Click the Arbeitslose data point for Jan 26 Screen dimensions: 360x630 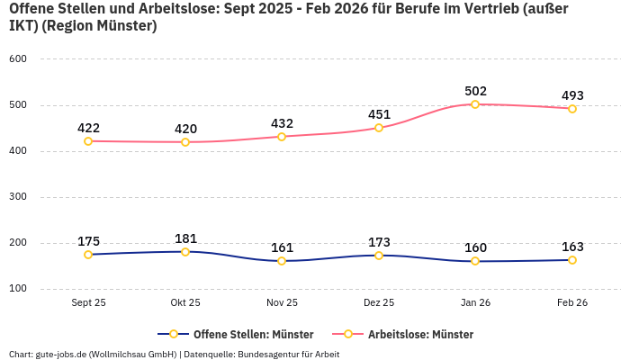475,104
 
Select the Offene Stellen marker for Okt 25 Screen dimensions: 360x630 185,252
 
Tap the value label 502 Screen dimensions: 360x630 475,91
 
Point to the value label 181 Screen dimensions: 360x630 185,238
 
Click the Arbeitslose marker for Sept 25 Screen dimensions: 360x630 88,141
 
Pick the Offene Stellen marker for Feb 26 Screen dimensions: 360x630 572,260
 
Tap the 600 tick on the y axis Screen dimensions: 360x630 18,59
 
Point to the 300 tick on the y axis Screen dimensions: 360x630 18,197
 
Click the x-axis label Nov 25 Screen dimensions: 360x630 282,303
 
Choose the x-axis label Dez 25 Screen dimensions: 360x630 379,303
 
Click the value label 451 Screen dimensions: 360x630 379,114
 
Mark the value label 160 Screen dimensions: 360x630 475,247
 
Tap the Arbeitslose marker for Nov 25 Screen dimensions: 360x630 282,137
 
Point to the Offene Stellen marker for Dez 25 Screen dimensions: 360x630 379,256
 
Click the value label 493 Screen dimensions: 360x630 572,95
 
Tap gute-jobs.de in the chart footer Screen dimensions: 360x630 59,354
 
